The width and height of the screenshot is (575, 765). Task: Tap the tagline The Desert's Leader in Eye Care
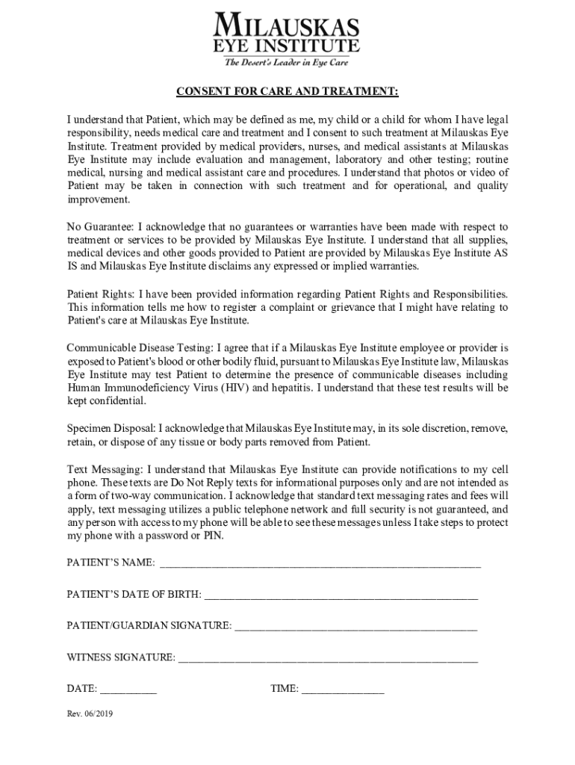click(287, 62)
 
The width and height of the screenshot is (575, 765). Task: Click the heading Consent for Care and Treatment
click(287, 92)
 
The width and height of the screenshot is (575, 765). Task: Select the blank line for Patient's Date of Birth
click(341, 595)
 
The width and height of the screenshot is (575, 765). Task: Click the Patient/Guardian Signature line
click(355, 626)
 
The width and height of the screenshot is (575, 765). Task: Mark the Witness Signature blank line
click(328, 658)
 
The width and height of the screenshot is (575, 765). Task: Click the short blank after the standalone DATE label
click(128, 690)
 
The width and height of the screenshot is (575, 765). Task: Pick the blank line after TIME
click(343, 690)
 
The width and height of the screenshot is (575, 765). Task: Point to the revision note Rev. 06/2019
click(90, 713)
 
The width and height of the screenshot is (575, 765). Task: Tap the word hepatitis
click(287, 388)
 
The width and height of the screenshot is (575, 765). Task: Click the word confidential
click(117, 401)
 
